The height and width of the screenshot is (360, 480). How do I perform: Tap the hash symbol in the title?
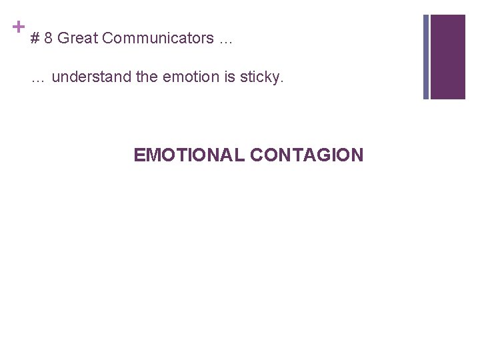35,39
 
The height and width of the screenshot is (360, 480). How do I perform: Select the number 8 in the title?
49,39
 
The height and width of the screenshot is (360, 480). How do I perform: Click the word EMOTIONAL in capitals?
189,155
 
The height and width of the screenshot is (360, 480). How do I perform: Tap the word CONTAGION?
307,155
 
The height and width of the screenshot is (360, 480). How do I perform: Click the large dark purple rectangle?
447,57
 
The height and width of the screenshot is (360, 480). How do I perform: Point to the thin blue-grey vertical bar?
426,57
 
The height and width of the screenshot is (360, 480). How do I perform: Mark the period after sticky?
282,81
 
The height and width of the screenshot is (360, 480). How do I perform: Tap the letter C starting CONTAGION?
257,155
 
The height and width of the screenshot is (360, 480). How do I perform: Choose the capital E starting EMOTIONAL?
139,155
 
